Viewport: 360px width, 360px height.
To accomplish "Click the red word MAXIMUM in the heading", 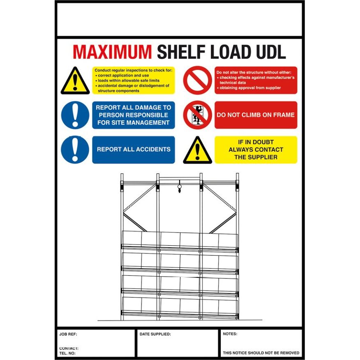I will click(112, 52).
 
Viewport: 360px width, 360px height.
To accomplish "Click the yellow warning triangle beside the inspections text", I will click(75, 81).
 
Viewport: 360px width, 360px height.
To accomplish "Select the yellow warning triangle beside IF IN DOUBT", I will click(197, 151).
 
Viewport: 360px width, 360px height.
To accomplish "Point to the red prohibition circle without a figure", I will click(197, 80).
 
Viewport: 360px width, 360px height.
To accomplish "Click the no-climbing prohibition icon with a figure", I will click(197, 115).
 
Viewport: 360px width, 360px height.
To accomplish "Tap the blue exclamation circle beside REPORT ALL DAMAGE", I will click(75, 115).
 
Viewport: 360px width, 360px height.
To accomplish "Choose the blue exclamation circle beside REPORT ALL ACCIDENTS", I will click(75, 150).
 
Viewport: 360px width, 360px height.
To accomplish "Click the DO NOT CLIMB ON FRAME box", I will click(256, 115).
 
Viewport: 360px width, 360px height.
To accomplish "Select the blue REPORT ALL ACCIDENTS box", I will click(134, 150).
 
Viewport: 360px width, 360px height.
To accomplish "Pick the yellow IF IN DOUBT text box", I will click(256, 150).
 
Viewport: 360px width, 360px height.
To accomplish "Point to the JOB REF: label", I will click(68, 334).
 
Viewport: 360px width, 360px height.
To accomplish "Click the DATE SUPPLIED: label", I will click(155, 334).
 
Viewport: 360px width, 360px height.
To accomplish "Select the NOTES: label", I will click(230, 334).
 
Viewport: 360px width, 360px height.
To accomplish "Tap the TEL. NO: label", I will click(68, 353).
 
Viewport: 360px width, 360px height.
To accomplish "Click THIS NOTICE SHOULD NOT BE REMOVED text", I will click(261, 353).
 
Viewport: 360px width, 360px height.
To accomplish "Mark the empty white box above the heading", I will click(180, 20).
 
